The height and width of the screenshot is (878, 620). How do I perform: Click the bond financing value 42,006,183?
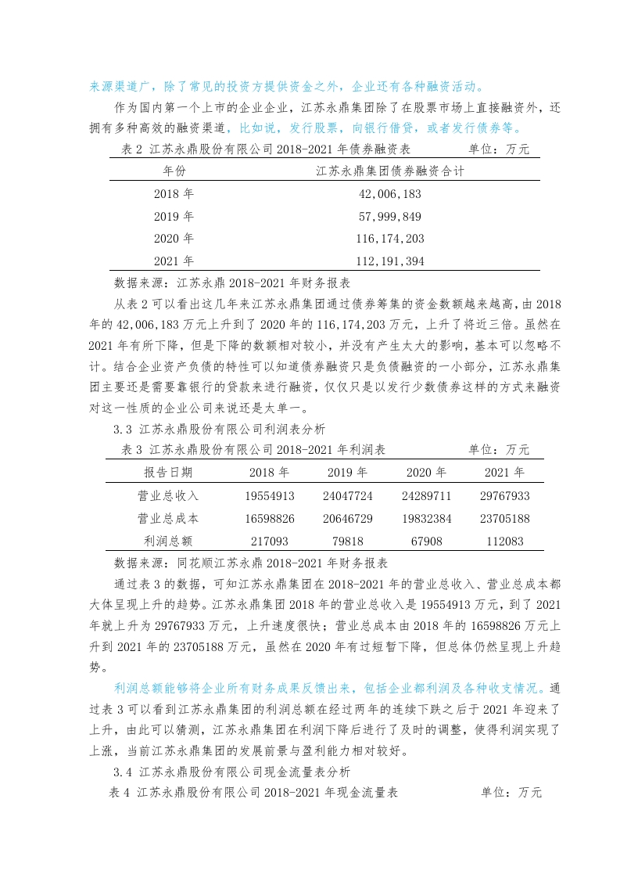click(390, 193)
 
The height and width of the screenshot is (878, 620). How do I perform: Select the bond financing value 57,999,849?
click(390, 216)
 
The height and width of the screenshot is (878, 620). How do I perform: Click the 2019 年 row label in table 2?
click(174, 216)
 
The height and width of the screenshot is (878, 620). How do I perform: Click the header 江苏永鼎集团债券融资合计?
click(390, 170)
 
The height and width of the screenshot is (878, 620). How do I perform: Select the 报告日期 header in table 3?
click(168, 473)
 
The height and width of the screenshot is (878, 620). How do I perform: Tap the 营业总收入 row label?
click(168, 495)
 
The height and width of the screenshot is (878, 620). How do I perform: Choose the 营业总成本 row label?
click(168, 518)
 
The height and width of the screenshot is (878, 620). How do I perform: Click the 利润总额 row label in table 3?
click(168, 541)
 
